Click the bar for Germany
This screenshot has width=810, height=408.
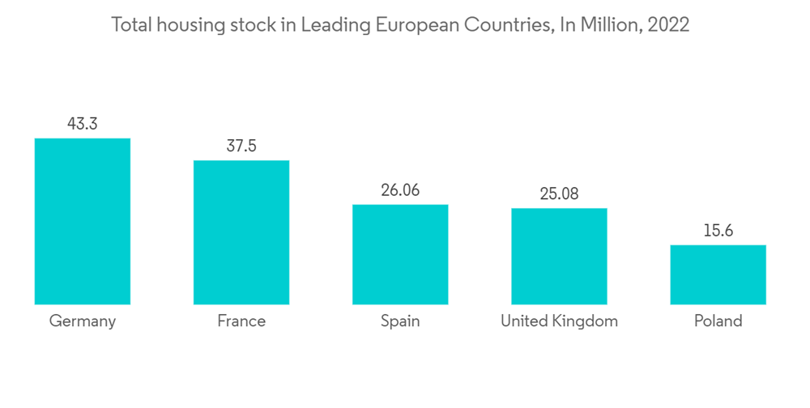[82, 221]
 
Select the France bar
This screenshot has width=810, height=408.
[241, 232]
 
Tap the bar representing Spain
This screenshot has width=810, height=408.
[400, 254]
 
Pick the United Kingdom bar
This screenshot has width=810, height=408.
[559, 256]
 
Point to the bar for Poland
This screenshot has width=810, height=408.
[718, 274]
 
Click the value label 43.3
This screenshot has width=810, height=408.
[82, 124]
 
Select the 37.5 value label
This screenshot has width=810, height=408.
[241, 147]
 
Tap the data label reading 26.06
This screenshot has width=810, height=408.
[400, 190]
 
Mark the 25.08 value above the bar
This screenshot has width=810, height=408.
[559, 194]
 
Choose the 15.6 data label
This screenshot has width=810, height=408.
[718, 231]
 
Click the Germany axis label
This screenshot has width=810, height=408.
[82, 321]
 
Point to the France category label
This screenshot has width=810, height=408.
[241, 321]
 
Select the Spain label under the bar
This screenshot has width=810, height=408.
[400, 321]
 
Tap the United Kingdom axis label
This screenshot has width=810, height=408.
[559, 321]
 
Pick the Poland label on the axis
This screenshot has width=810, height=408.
[718, 321]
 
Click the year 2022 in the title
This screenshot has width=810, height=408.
[668, 25]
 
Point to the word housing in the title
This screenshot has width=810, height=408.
[192, 25]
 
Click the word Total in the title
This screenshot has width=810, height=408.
[131, 25]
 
